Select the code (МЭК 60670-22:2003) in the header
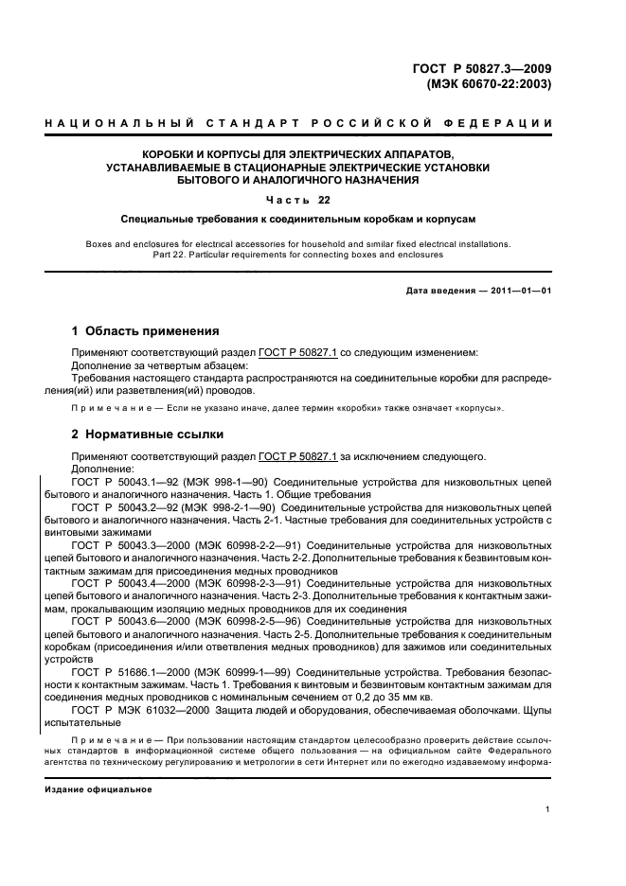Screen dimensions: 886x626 point(484,83)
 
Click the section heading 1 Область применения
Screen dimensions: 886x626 point(146,331)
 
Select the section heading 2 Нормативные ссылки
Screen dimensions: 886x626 point(148,435)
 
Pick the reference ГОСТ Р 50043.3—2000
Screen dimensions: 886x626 point(131,545)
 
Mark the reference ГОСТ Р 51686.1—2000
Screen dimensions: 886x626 point(131,670)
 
